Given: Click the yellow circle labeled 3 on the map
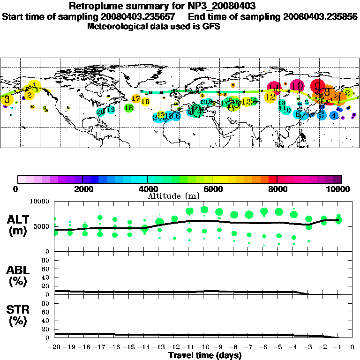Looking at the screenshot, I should (7, 99).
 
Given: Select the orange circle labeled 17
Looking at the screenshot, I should (135, 98).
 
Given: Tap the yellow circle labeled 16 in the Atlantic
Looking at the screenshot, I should (145, 102).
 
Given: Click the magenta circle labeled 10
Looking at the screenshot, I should (297, 86).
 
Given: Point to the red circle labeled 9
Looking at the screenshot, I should (318, 86).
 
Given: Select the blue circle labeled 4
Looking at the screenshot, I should (334, 115).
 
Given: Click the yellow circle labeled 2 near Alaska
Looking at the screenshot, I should (29, 95).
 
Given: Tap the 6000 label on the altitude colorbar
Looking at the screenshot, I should (212, 189).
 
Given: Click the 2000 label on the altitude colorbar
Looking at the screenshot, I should (82, 189).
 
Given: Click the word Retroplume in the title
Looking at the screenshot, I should (95, 6).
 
